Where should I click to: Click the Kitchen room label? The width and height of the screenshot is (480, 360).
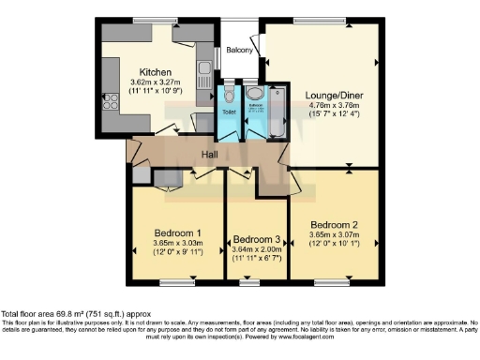(x=155, y=72)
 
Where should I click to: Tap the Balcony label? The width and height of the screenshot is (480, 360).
(x=239, y=50)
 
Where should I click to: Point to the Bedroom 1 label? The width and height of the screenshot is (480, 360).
(x=177, y=232)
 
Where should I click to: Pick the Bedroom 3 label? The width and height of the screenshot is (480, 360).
(x=256, y=239)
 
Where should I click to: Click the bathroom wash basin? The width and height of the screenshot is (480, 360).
(x=254, y=94)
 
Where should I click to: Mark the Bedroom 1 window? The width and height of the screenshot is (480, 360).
(x=177, y=280)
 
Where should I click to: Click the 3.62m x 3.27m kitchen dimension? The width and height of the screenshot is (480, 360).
(x=155, y=83)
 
